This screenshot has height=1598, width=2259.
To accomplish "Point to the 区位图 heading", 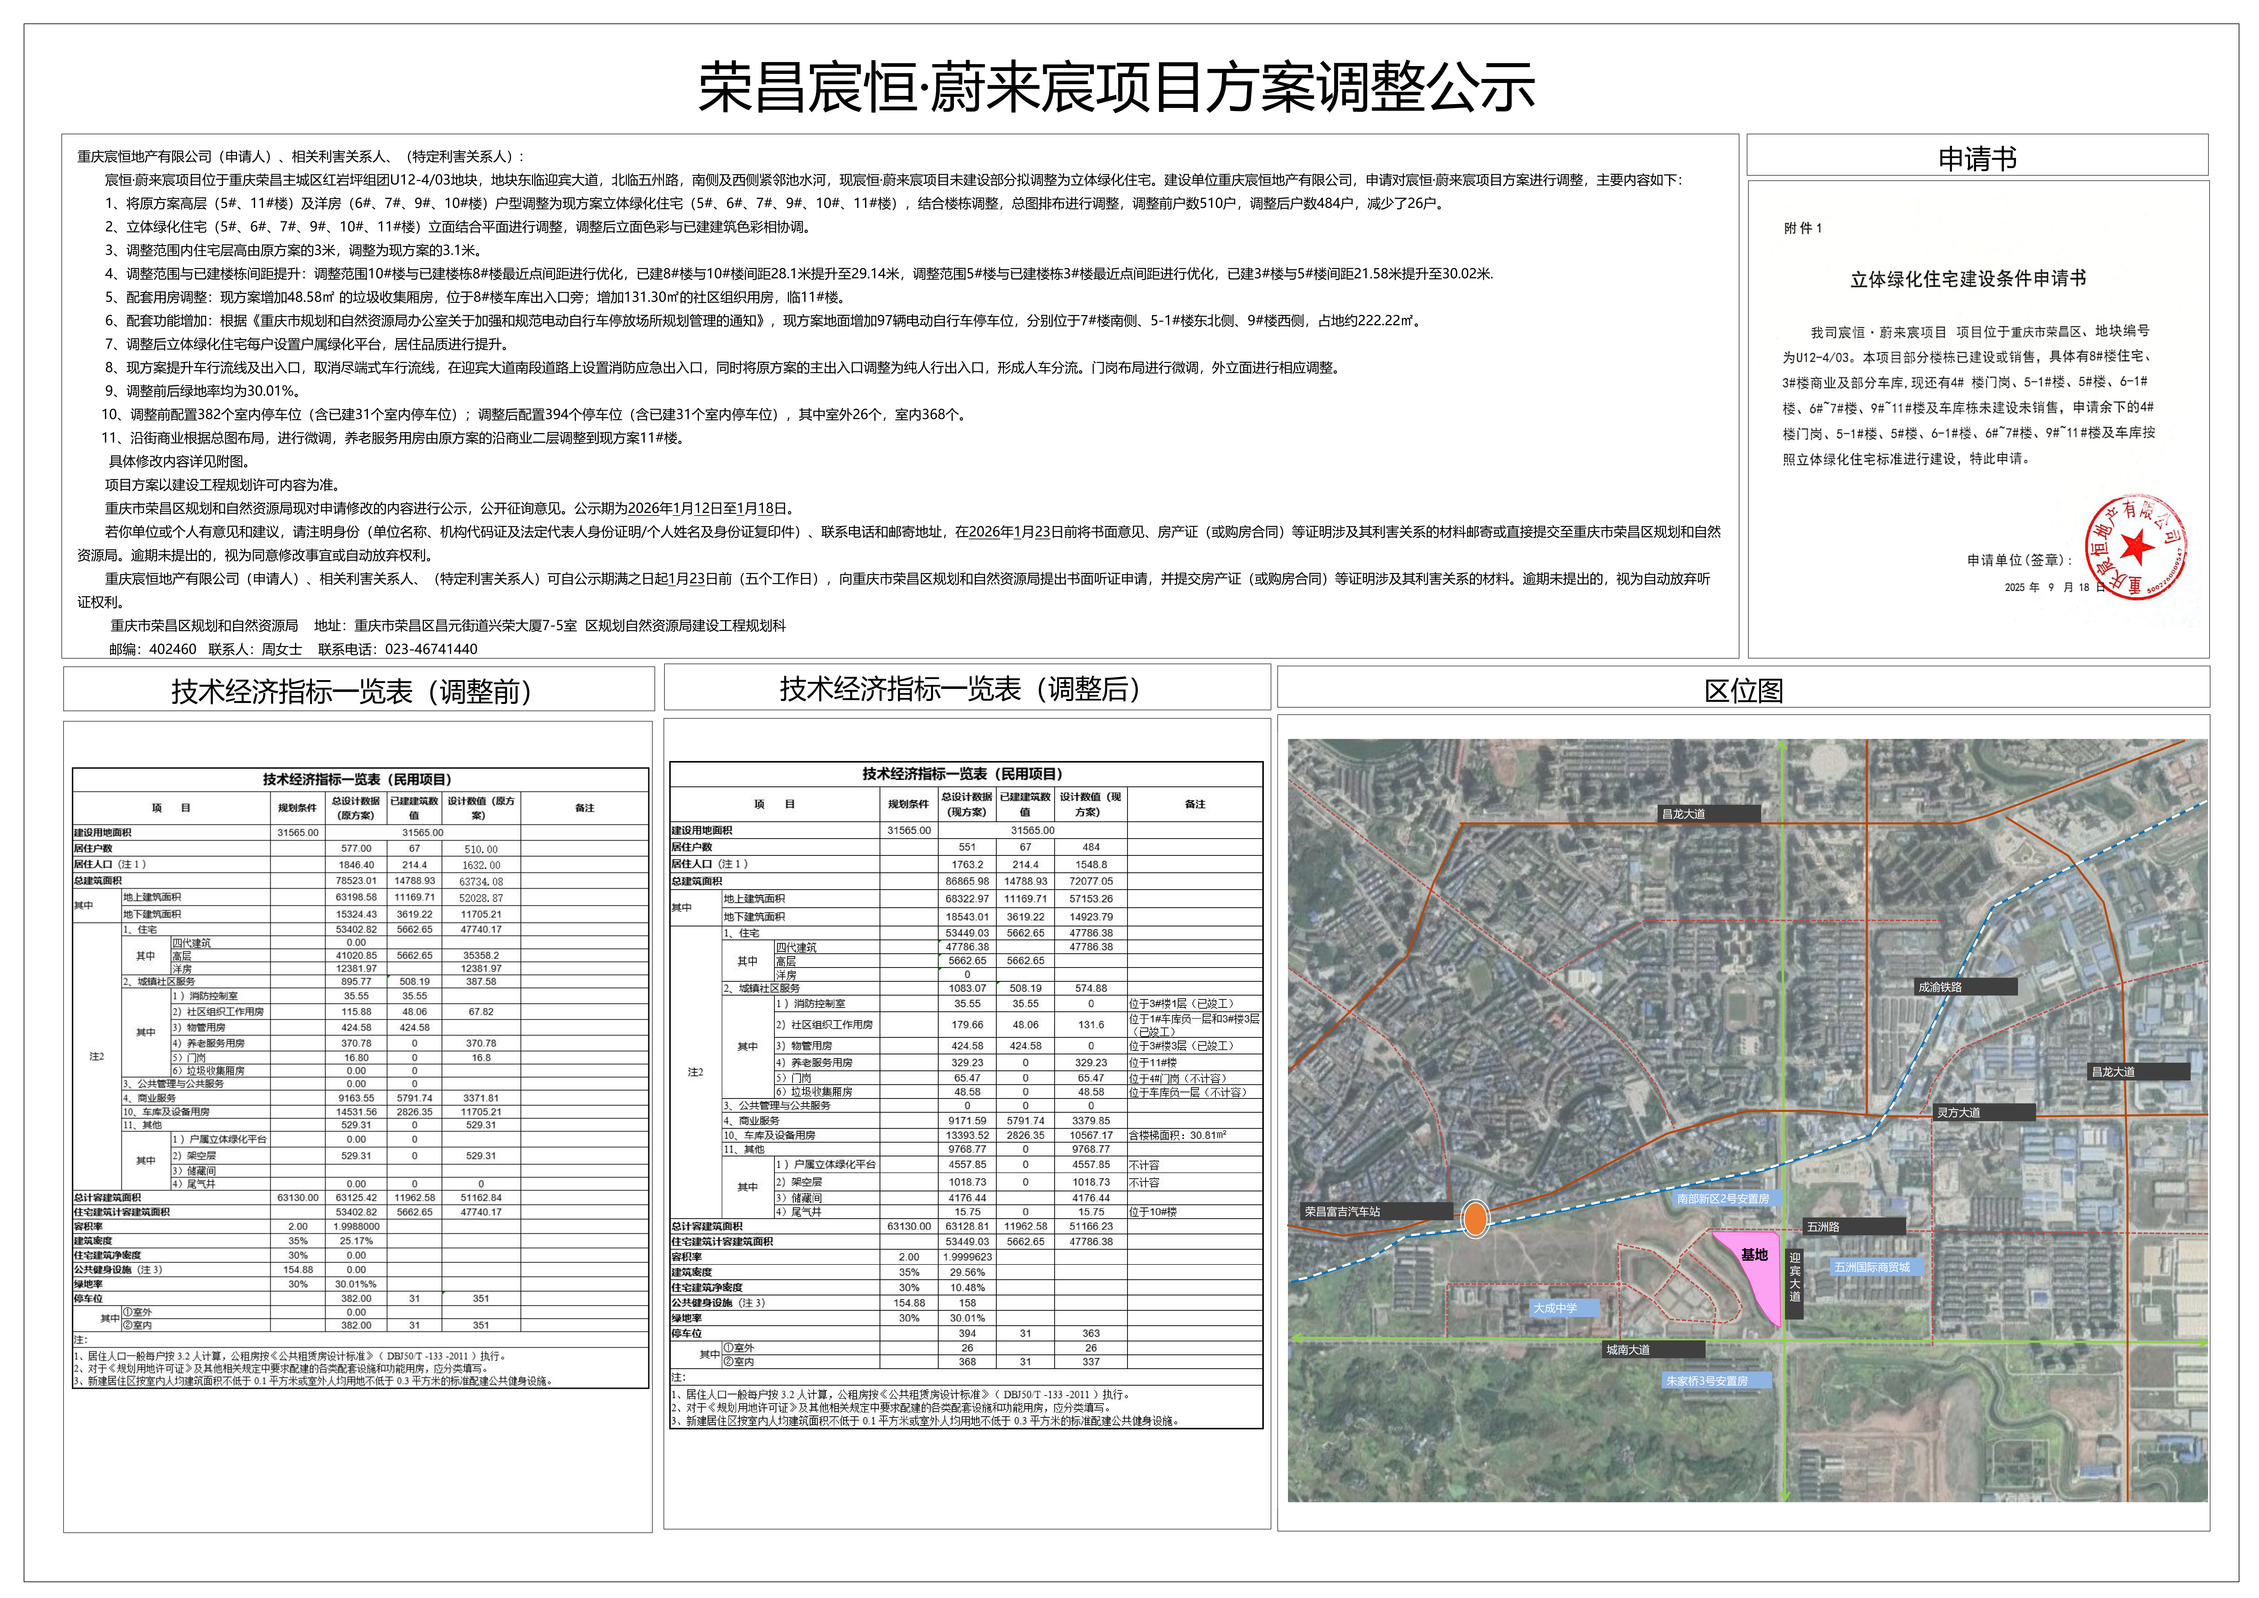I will [1744, 691].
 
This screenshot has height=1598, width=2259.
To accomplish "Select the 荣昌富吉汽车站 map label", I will [1343, 1211].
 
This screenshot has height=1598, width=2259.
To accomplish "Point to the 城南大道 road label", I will [1628, 1349].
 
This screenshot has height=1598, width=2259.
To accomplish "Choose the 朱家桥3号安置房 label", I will [1706, 1381].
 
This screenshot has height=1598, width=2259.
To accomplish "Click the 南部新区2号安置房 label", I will [1723, 1198].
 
